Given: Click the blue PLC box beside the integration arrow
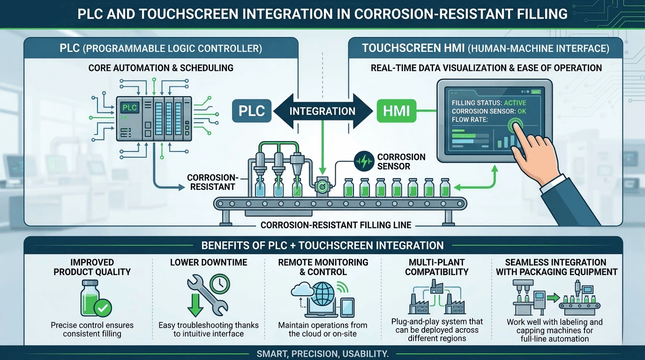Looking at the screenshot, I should pos(252,111).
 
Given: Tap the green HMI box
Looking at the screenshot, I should pos(396,111).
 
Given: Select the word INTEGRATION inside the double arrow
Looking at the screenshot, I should pos(322,112).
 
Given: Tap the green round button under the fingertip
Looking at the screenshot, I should pos(516,125).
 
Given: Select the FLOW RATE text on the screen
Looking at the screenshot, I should pos(470,120).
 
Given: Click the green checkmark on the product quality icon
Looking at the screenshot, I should pos(103,307).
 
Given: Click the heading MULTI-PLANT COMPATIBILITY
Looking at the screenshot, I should pos(436,267).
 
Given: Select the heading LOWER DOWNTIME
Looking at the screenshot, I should pos(209,262).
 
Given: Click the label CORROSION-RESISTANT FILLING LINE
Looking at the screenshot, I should pos(336,225).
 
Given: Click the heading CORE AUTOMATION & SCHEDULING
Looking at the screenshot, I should pos(161,68).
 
